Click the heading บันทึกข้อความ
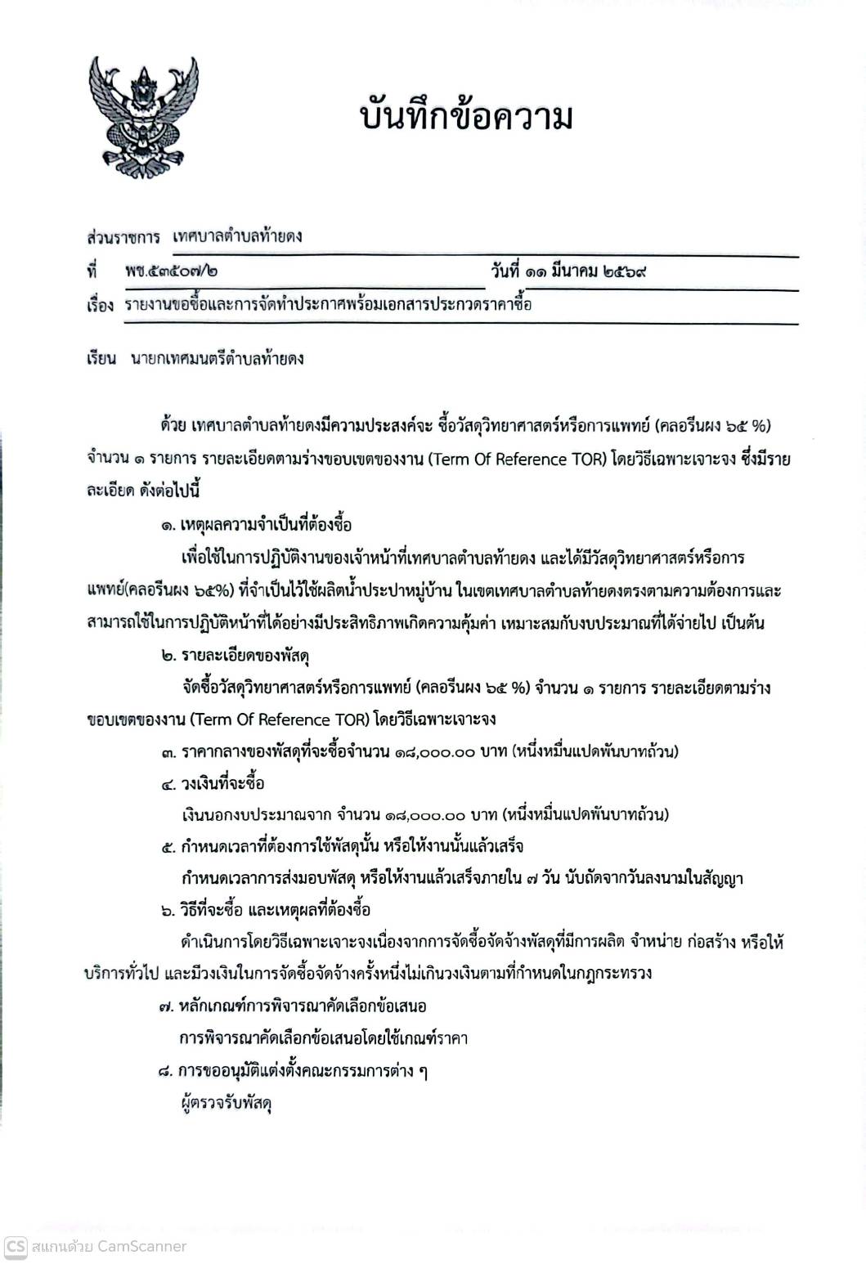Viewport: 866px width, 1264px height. (465, 117)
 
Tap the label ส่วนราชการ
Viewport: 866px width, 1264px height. (123, 237)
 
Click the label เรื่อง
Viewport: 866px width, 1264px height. (99, 306)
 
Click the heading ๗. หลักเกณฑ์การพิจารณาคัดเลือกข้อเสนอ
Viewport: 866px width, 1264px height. (293, 1006)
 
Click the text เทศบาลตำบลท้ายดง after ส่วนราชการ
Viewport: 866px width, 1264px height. (238, 237)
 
